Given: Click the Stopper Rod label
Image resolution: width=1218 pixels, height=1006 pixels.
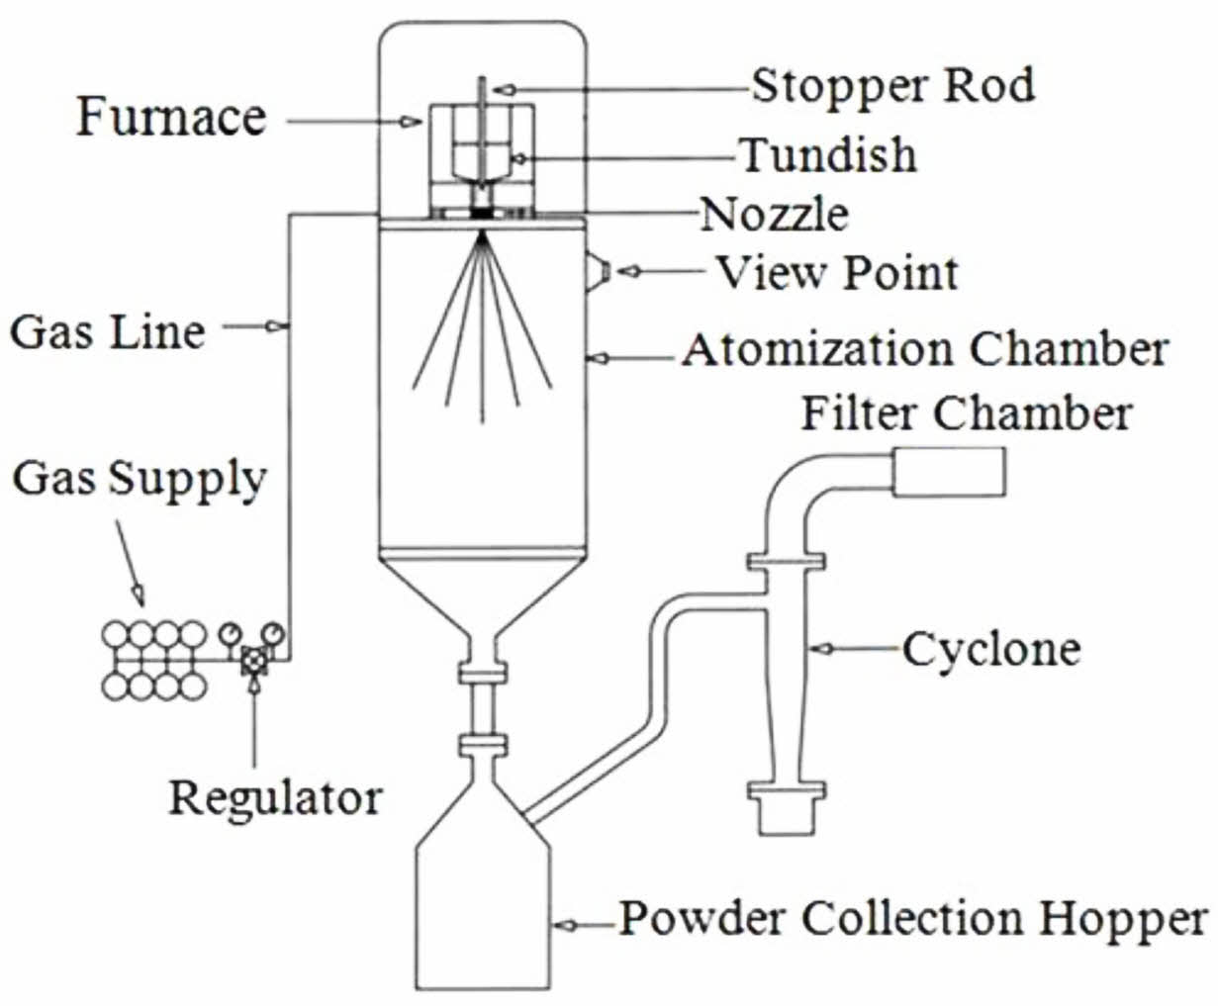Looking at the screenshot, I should tap(892, 86).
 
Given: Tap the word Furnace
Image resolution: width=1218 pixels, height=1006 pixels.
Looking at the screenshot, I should tap(171, 118).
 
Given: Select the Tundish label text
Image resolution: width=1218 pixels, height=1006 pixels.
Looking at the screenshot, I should tap(828, 155).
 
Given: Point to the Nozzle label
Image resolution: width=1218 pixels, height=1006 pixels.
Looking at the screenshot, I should tap(774, 214).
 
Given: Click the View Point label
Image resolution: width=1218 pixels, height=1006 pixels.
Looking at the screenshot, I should tap(837, 272).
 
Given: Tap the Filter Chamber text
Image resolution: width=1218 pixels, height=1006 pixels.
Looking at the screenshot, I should tap(965, 412).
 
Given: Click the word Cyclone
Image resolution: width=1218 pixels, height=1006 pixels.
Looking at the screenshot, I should tap(990, 650).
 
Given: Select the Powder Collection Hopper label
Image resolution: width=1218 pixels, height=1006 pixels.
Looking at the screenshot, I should tap(913, 919).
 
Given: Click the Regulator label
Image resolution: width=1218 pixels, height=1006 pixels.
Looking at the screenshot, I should tap(275, 797).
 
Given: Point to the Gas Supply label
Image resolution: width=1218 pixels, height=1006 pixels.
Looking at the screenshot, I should tap(140, 479).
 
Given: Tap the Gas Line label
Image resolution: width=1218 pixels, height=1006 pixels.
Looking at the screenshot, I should tap(108, 330).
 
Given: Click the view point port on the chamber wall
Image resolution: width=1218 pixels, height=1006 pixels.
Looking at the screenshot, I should tap(597, 269).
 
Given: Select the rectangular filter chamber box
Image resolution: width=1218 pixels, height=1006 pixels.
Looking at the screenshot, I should tap(949, 471).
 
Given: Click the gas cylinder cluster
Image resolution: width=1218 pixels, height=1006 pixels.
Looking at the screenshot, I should tap(156, 660).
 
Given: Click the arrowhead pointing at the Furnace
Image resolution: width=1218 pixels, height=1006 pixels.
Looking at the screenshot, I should tap(409, 122).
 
